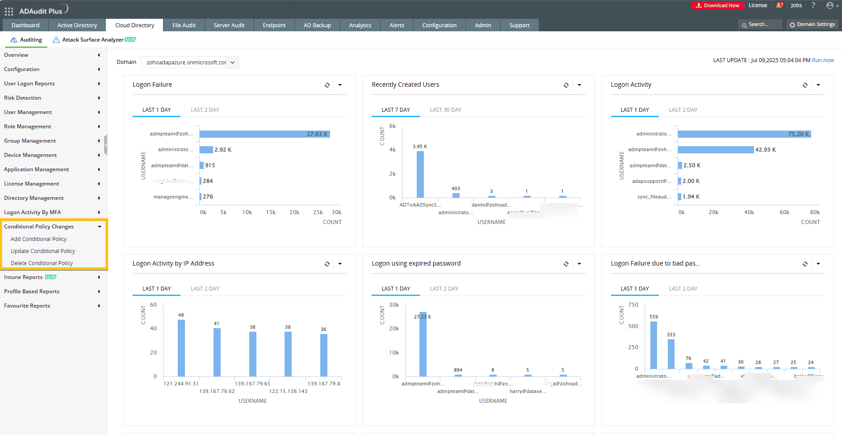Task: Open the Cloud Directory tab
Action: pyautogui.click(x=134, y=25)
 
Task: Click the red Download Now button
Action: pyautogui.click(x=717, y=5)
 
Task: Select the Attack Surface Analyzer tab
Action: pyautogui.click(x=93, y=40)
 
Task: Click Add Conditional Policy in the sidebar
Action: pyautogui.click(x=38, y=239)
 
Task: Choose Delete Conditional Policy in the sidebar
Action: pyautogui.click(x=42, y=263)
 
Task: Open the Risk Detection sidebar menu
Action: pyautogui.click(x=22, y=98)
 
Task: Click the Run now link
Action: pyautogui.click(x=822, y=60)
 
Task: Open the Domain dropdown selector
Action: pyautogui.click(x=189, y=63)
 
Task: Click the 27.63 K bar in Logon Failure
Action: pyautogui.click(x=264, y=134)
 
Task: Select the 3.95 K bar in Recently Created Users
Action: pyautogui.click(x=420, y=174)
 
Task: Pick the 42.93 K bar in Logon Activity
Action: pyautogui.click(x=715, y=150)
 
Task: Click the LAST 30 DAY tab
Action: pyautogui.click(x=445, y=110)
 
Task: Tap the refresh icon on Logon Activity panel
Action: pyautogui.click(x=805, y=85)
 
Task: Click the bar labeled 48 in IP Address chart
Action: pyautogui.click(x=181, y=348)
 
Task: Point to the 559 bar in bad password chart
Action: pyautogui.click(x=653, y=345)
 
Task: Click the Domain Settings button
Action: pyautogui.click(x=812, y=25)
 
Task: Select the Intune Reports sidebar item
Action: pyautogui.click(x=23, y=277)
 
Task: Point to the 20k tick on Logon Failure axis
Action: pyautogui.click(x=294, y=212)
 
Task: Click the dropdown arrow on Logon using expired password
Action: pyautogui.click(x=579, y=264)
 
